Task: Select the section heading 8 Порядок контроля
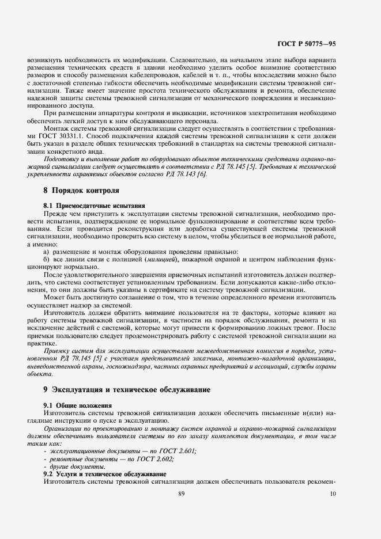(81, 189)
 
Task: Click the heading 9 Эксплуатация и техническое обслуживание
(126, 389)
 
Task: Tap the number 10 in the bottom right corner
(333, 493)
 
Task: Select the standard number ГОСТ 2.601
(176, 451)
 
